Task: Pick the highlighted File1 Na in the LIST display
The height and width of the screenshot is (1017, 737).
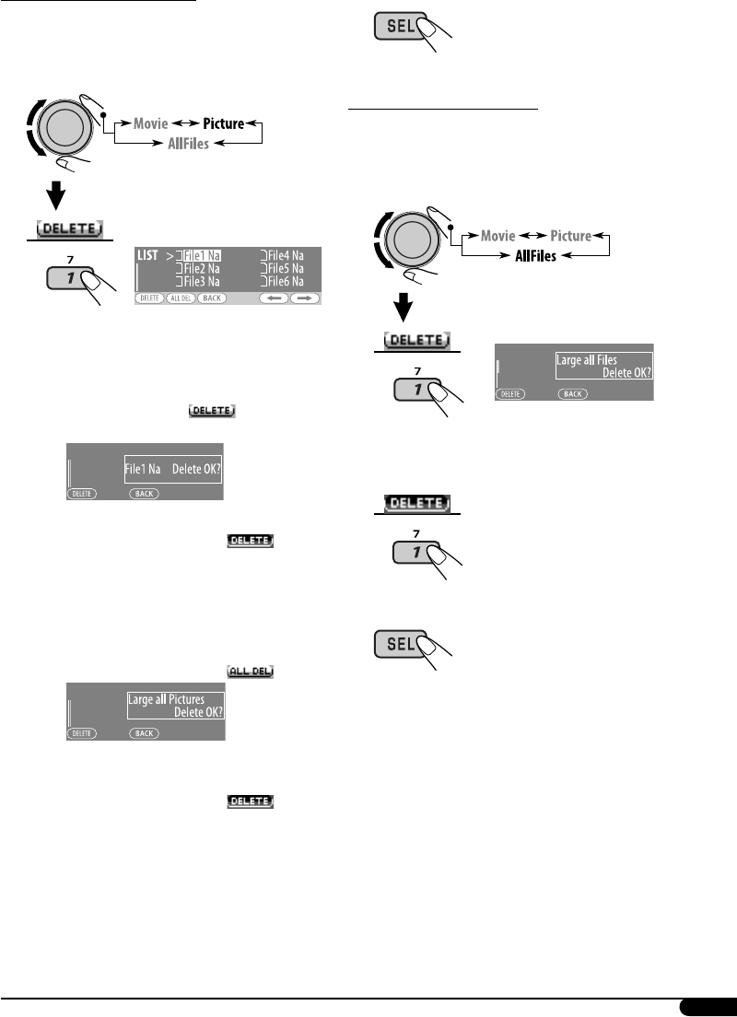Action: click(x=202, y=256)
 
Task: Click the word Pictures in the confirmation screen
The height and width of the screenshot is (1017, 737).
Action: click(x=187, y=699)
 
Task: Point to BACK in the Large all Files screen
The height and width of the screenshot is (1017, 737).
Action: click(x=572, y=393)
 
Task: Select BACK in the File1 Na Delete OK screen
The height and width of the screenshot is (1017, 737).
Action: click(x=144, y=494)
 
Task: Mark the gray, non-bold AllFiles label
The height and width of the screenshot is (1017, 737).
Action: click(x=188, y=144)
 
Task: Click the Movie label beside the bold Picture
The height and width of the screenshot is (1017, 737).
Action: click(x=149, y=123)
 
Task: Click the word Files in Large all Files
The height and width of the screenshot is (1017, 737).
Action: click(x=626, y=360)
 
